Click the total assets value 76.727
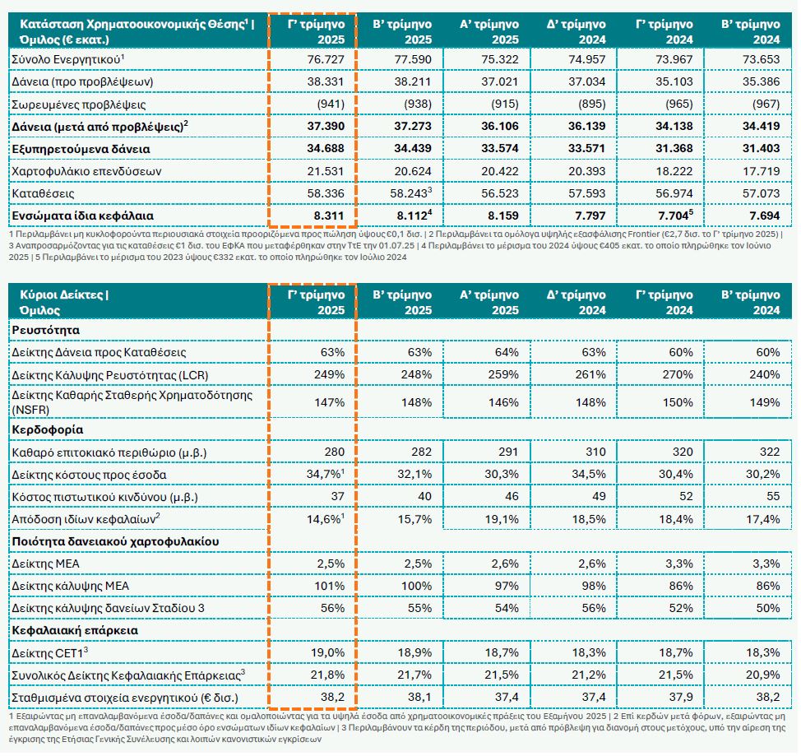click(327, 60)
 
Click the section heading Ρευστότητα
click(45, 329)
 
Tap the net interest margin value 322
click(767, 452)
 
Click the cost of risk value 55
click(771, 497)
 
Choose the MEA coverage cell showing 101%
click(330, 586)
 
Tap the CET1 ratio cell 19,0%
click(328, 652)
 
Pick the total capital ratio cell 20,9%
click(762, 675)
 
